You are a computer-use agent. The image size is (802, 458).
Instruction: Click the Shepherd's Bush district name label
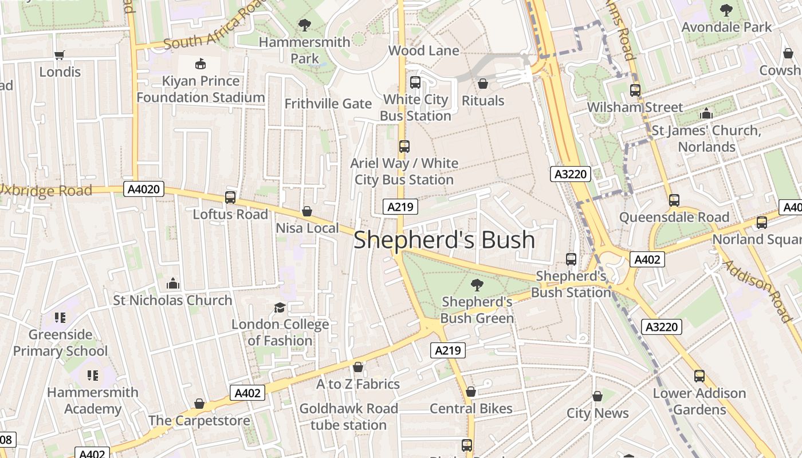tap(444, 240)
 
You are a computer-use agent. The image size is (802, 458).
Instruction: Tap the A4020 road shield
tap(144, 189)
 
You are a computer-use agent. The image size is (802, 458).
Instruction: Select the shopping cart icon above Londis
tap(59, 55)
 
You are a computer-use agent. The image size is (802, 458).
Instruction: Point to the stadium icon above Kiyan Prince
tap(200, 64)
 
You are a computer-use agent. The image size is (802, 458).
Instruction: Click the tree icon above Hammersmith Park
tap(304, 25)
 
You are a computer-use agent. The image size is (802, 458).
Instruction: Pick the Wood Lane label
tap(423, 50)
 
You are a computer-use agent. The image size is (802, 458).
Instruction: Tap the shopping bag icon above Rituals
tap(483, 84)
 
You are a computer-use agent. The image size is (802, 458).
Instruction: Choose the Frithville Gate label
tap(328, 104)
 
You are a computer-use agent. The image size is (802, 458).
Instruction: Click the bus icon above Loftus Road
tap(230, 198)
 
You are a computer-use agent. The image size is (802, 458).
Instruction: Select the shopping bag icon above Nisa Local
tap(307, 212)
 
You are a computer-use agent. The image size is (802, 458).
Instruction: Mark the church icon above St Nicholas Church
tap(172, 283)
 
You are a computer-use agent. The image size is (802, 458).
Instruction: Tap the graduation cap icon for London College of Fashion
tap(280, 308)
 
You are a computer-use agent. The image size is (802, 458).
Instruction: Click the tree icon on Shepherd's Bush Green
tap(477, 285)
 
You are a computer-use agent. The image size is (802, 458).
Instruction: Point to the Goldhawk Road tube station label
tap(348, 417)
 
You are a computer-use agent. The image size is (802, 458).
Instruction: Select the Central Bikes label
tap(471, 409)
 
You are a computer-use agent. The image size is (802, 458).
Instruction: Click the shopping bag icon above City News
tap(597, 396)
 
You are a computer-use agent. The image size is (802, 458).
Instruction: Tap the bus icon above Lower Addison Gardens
tap(699, 376)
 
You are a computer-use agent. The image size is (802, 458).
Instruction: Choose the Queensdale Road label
tap(674, 218)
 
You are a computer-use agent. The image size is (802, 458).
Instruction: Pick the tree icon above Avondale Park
tap(726, 10)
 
